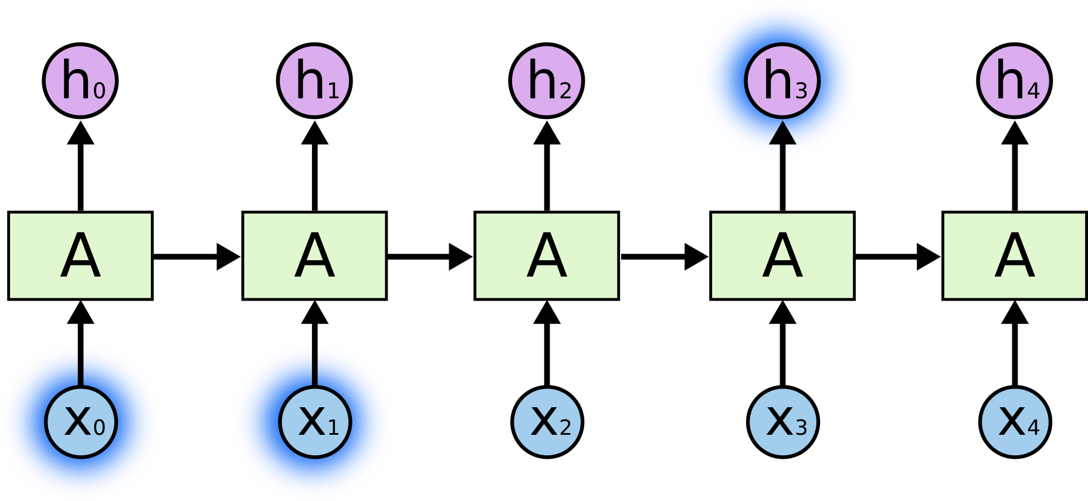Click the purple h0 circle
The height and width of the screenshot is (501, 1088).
click(x=80, y=81)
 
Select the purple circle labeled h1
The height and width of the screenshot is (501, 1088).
click(x=314, y=81)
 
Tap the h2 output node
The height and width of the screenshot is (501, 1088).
click(x=547, y=81)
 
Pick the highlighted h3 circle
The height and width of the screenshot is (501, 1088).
click(x=782, y=80)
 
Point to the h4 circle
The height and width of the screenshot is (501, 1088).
click(x=1015, y=81)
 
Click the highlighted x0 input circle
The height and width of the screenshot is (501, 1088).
click(x=81, y=422)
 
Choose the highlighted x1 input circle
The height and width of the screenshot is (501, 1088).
click(x=315, y=422)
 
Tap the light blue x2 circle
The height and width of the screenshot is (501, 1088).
click(x=547, y=422)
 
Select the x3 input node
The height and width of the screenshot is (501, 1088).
click(x=782, y=422)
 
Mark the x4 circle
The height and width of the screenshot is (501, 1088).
click(x=1015, y=422)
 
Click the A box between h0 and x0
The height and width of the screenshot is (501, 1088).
click(x=80, y=255)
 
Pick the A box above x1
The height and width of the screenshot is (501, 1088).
click(x=314, y=255)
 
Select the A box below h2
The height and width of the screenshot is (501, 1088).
click(x=547, y=255)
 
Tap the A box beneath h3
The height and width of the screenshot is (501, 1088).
click(x=782, y=255)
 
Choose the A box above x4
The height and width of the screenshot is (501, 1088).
click(x=1015, y=255)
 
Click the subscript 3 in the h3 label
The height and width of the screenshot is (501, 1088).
click(x=801, y=91)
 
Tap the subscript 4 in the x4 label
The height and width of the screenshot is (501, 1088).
click(x=1033, y=427)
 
